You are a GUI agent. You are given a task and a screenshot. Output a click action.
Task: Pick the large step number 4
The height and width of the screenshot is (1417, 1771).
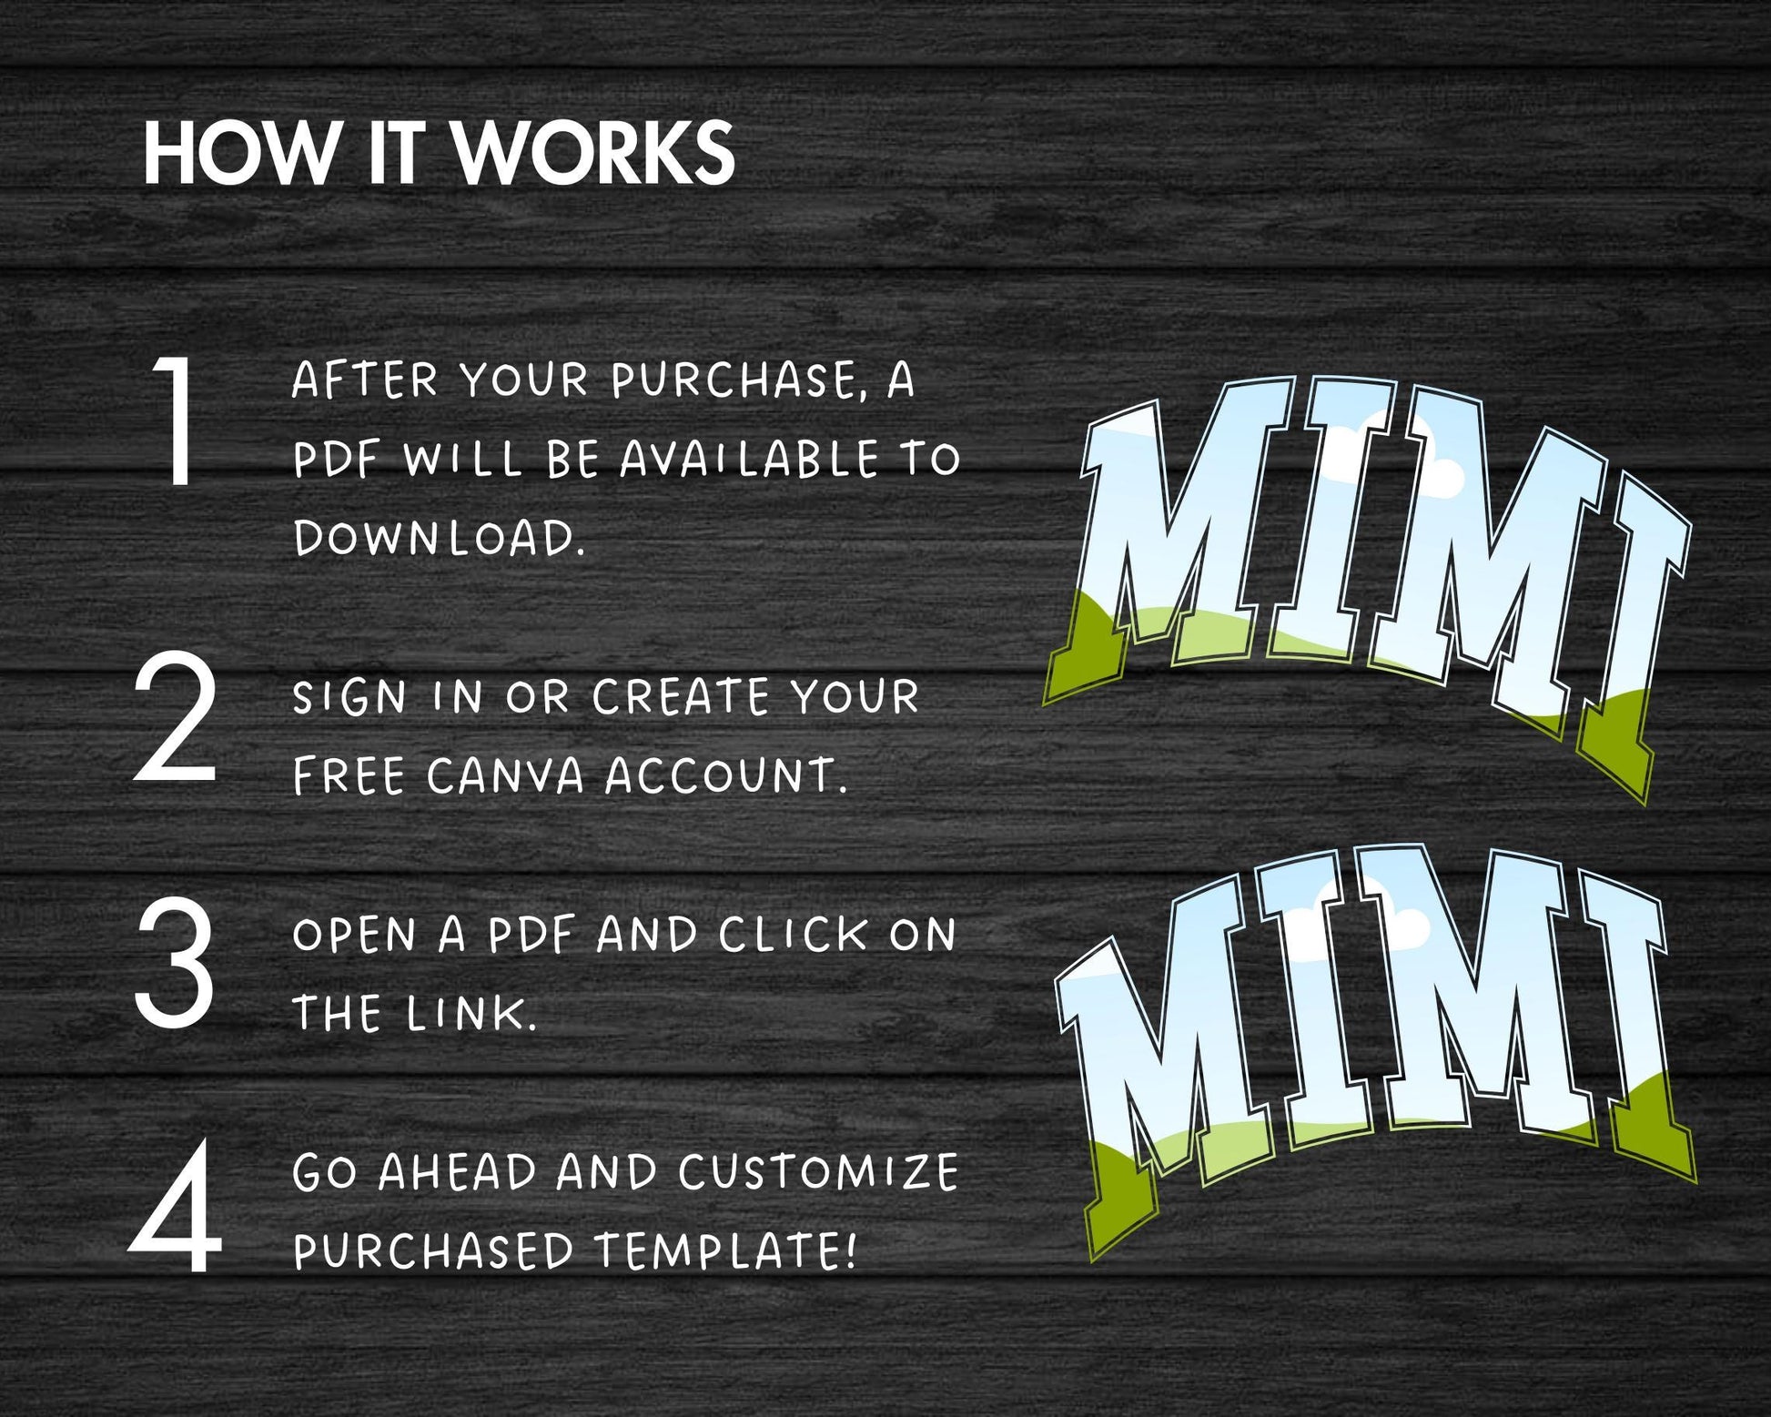pyautogui.click(x=175, y=1207)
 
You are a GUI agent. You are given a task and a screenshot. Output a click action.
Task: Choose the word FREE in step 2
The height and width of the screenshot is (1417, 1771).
pyautogui.click(x=349, y=776)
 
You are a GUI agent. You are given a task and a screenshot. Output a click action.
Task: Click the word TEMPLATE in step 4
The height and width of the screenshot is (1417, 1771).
pyautogui.click(x=725, y=1251)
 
